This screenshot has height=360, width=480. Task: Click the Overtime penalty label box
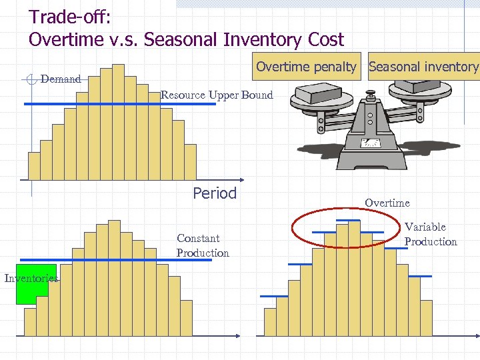(306, 67)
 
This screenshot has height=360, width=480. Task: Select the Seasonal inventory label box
(423, 67)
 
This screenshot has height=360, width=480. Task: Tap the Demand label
(61, 79)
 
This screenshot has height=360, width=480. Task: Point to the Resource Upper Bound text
(217, 95)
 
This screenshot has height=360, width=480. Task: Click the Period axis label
(215, 193)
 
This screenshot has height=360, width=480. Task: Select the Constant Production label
(202, 245)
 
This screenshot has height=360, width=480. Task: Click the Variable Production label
(430, 234)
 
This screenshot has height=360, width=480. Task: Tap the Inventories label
(31, 278)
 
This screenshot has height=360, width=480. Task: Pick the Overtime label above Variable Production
(387, 203)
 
